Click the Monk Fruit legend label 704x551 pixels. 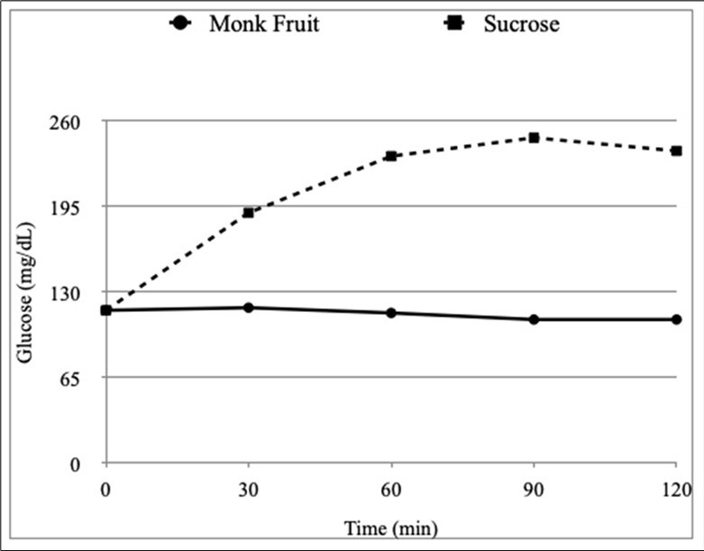tap(264, 24)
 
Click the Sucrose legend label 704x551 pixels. tap(521, 24)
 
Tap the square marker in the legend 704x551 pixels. tap(456, 24)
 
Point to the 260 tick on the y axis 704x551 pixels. tap(80, 121)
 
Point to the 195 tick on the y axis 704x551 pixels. tap(80, 207)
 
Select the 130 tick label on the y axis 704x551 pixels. tap(80, 292)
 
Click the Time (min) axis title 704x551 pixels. tap(390, 527)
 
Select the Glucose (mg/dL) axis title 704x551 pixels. tap(25, 292)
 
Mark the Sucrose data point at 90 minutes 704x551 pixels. tap(534, 138)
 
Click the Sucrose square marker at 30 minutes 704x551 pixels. tap(248, 213)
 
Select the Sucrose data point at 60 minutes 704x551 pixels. tap(390, 156)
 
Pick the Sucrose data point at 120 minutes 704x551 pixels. tap(676, 151)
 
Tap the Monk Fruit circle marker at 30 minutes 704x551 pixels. tap(248, 308)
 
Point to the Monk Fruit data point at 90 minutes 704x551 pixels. tap(534, 319)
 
